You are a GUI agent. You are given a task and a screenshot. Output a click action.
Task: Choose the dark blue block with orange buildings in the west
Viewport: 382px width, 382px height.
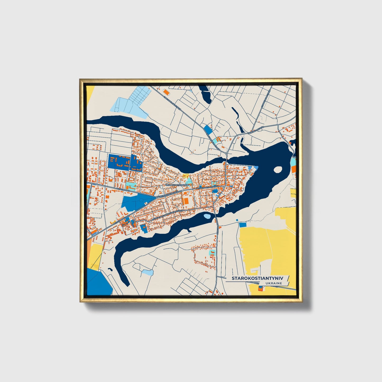point(119,161)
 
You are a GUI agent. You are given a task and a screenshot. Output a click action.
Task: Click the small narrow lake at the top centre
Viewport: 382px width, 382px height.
point(205,94)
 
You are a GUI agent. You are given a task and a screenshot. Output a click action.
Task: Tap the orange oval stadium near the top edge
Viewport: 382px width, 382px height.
point(166,92)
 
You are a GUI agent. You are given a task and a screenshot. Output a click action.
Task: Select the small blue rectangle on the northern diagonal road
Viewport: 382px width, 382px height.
point(208,130)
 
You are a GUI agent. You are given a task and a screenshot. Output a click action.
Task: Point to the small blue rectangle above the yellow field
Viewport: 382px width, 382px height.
point(242,225)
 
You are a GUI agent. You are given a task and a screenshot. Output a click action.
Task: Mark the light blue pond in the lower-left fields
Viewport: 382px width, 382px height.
point(147,272)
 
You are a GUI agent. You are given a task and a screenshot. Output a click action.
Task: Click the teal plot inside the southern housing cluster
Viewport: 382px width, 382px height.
point(212,253)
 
